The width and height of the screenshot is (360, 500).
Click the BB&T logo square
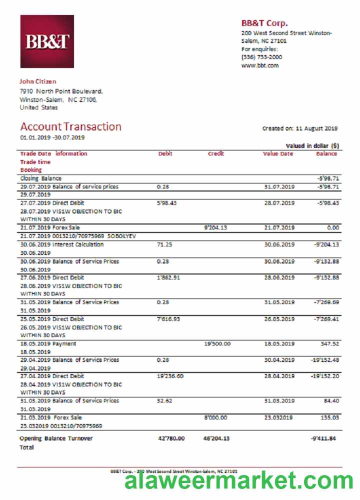point(47,41)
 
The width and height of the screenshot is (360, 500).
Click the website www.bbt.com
point(260,65)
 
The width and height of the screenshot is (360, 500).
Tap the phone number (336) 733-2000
point(261,57)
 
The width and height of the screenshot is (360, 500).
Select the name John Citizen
point(38,81)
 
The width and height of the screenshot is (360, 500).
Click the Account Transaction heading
point(70,126)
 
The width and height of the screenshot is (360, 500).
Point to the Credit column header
point(216,154)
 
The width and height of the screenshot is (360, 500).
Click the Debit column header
point(165,154)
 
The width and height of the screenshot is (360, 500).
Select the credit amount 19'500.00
point(217,344)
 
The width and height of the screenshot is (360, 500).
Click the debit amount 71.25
point(164,244)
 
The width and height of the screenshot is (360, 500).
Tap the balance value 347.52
point(329,344)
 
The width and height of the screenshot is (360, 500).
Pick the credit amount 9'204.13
point(216,228)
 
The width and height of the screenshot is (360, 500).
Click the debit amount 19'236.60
point(170,376)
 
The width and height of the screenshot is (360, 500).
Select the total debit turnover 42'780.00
point(171,438)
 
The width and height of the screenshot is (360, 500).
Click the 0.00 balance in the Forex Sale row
point(332,228)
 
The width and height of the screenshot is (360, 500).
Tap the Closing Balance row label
point(41,178)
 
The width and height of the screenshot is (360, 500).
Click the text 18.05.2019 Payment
point(48,344)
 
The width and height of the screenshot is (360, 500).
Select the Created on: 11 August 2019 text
point(300,128)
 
